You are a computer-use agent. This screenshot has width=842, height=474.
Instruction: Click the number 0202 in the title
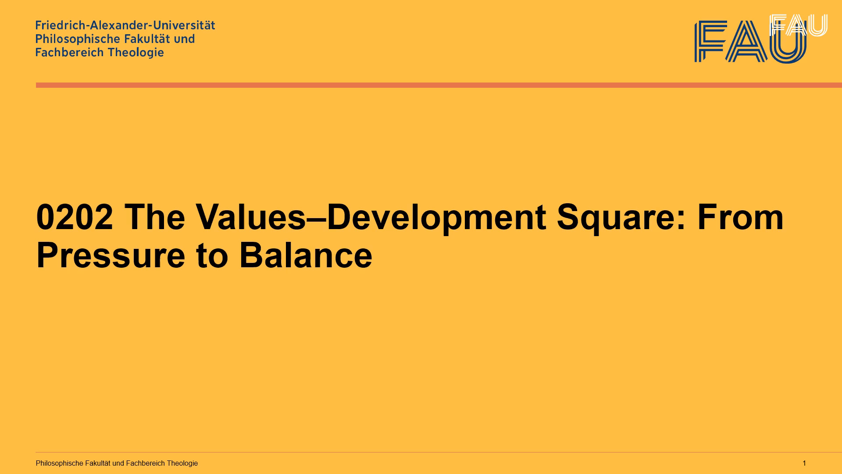75,217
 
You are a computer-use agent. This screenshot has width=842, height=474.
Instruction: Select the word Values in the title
250,217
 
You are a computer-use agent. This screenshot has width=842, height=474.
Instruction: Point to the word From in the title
740,217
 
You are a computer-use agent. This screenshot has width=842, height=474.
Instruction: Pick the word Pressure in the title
111,255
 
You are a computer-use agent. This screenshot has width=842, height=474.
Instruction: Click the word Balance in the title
306,255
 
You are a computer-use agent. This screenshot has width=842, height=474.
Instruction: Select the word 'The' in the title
155,217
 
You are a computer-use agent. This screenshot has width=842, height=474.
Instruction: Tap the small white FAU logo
799,25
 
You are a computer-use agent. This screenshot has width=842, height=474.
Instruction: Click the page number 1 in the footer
804,463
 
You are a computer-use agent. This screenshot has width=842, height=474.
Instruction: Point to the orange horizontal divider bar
439,85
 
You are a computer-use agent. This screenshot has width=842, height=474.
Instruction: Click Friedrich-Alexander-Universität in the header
125,25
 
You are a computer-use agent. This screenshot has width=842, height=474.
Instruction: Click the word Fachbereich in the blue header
69,52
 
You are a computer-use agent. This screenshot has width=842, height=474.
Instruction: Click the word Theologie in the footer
182,463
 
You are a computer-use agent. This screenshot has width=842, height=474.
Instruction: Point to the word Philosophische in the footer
60,463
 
